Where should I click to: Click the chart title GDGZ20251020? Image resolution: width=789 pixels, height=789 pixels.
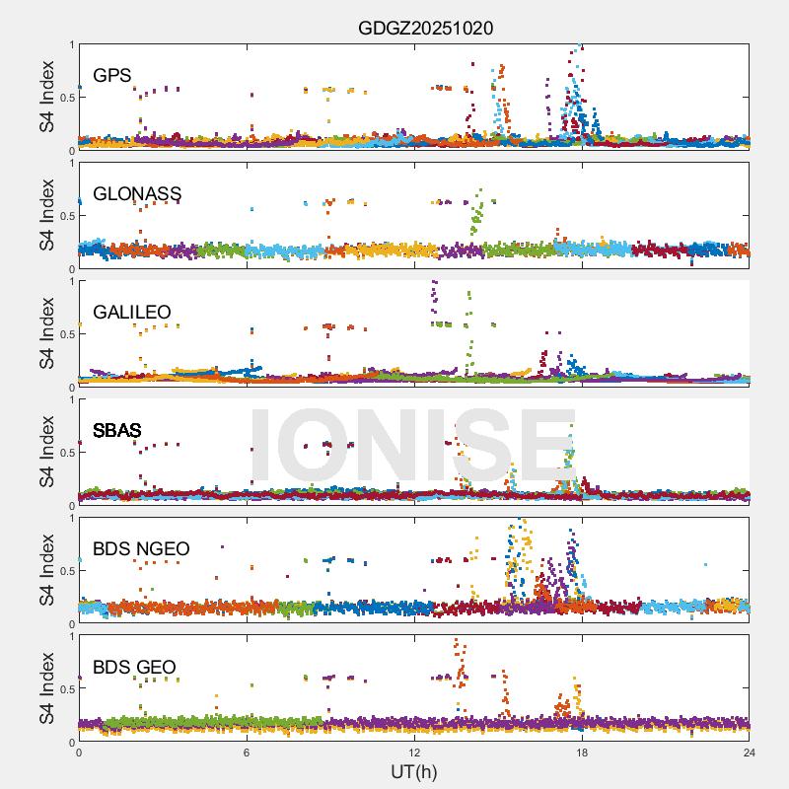(425, 28)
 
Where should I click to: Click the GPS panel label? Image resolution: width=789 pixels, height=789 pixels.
(112, 75)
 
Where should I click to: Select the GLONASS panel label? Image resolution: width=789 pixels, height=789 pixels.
(136, 193)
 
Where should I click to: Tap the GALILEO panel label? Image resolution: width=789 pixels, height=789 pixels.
(132, 312)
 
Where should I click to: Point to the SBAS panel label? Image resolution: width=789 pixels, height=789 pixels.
(117, 430)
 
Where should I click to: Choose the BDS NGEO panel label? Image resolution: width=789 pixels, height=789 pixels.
(141, 548)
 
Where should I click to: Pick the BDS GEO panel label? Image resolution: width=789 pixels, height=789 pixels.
(134, 667)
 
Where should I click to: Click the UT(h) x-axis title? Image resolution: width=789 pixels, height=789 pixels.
(413, 771)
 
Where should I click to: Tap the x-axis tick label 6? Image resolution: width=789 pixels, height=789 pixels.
(247, 753)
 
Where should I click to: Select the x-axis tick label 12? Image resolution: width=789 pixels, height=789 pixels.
(414, 753)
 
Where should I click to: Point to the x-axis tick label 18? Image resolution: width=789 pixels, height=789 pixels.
(582, 753)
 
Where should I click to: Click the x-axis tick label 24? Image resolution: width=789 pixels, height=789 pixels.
(750, 753)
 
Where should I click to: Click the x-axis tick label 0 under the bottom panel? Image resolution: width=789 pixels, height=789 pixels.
(79, 753)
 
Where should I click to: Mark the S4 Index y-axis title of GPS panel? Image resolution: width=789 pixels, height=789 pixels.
(46, 97)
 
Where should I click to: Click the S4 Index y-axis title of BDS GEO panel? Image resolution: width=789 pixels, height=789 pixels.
(46, 688)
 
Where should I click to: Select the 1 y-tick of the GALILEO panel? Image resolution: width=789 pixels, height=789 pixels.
(71, 281)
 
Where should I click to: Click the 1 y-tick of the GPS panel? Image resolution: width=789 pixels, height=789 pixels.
(71, 44)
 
